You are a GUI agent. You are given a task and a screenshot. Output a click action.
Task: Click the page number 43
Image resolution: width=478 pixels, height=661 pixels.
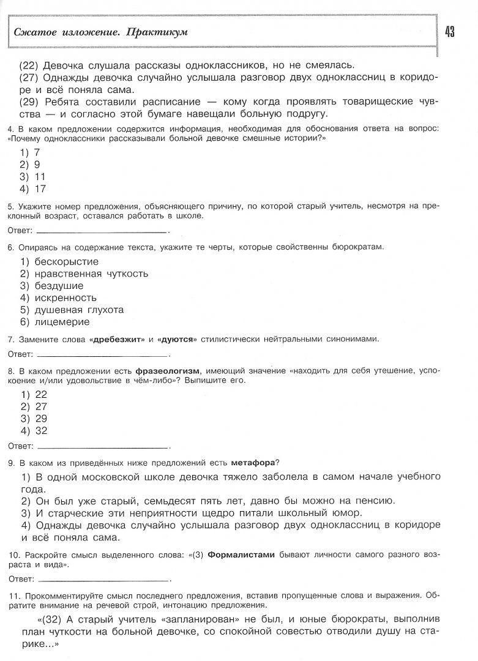pos(450,32)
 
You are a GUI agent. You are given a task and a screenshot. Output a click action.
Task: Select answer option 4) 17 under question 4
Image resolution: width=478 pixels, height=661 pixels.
pos(33,189)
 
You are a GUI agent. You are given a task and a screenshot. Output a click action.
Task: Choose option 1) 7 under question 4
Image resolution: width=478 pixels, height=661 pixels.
pos(30,152)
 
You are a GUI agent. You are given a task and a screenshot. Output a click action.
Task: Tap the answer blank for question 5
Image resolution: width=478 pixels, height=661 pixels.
pos(102,231)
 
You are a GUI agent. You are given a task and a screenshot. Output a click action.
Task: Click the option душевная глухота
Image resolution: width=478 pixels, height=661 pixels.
pos(80,310)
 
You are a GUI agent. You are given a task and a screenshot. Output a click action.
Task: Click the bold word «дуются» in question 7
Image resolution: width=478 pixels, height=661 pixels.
pos(177,339)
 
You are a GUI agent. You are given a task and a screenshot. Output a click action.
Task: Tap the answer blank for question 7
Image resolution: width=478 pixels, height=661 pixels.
pos(102,354)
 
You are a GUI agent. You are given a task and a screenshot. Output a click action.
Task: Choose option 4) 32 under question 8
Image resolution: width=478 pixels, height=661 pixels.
pos(34,430)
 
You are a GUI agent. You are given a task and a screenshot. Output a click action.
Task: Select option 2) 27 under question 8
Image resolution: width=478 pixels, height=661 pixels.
pos(34,406)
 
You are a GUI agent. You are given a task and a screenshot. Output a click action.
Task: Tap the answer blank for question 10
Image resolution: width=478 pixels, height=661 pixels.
pos(102,578)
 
